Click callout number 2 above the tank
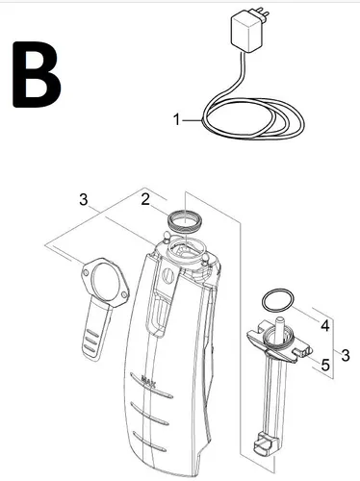(144, 199)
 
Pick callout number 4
(325, 326)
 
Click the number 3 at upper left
(85, 200)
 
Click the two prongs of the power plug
(229, 16)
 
